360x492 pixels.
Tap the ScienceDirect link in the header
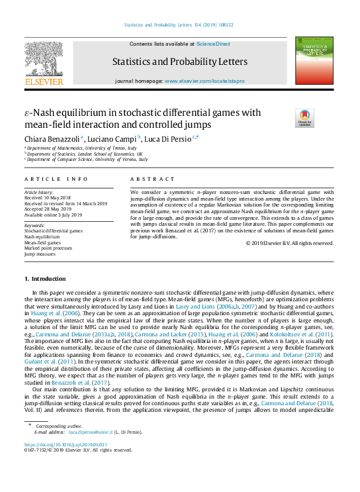213,44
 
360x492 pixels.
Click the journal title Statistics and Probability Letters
179,62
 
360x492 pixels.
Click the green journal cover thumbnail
314,61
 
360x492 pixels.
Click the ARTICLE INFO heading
56,179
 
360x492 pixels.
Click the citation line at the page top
179,26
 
